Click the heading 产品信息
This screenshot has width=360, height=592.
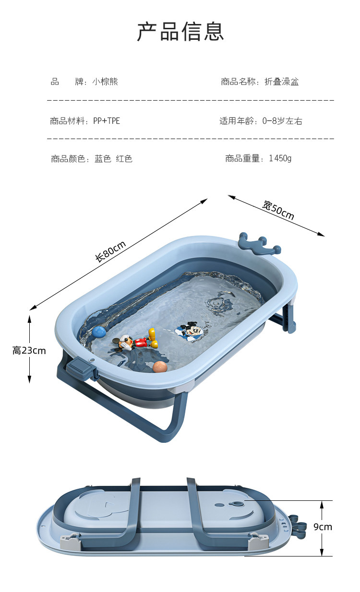[x=180, y=32]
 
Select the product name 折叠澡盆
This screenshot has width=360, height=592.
[x=282, y=82]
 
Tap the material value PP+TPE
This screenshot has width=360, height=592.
[x=107, y=121]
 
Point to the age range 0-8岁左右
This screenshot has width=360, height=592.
[x=282, y=121]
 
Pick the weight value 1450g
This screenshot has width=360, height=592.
[x=280, y=158]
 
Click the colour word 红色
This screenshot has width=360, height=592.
[x=124, y=159]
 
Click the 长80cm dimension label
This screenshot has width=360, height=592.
[x=110, y=251]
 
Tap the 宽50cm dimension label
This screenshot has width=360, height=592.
[x=278, y=210]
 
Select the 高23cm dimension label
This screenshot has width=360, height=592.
[x=29, y=351]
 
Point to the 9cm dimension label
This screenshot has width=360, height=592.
[x=323, y=527]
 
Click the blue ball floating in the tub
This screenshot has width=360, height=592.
[x=99, y=332]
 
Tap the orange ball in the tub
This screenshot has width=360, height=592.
[x=160, y=367]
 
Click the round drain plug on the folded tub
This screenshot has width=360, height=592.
[x=237, y=504]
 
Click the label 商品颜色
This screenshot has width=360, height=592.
[x=68, y=159]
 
